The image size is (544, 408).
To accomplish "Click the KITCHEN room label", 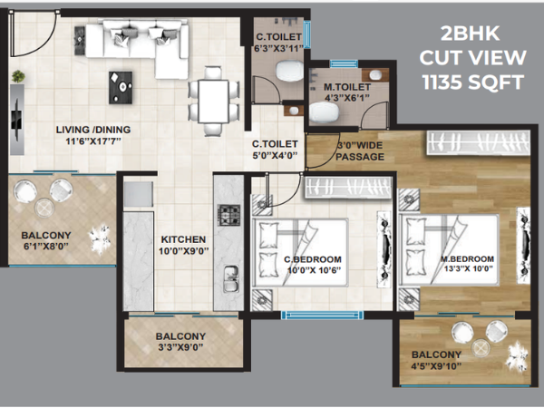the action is click(x=183, y=239).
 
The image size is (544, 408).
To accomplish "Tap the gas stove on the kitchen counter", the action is click(x=228, y=215).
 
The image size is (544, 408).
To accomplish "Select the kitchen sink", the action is click(x=231, y=278).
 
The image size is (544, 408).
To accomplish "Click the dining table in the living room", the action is click(x=213, y=102).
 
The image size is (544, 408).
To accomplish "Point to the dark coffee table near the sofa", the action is click(x=121, y=88).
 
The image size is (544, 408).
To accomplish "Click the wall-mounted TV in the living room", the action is click(x=16, y=119).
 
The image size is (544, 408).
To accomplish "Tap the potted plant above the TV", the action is click(x=18, y=76).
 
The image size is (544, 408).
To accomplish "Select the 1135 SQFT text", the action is click(x=473, y=83).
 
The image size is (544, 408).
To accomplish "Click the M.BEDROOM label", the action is click(x=467, y=258).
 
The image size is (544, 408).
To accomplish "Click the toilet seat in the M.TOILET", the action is click(x=324, y=112).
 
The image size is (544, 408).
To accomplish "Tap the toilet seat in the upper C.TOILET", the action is click(x=290, y=71).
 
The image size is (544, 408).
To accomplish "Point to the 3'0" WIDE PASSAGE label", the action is click(x=360, y=151).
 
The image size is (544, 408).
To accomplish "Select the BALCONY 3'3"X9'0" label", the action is click(x=180, y=342).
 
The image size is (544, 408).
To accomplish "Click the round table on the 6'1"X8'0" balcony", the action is click(x=44, y=208).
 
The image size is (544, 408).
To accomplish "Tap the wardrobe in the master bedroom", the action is click(x=478, y=142).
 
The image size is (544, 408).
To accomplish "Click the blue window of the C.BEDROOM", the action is click(x=322, y=315).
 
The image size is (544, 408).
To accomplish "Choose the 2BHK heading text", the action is click(x=470, y=34).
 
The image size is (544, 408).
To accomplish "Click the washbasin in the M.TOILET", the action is click(x=375, y=75).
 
